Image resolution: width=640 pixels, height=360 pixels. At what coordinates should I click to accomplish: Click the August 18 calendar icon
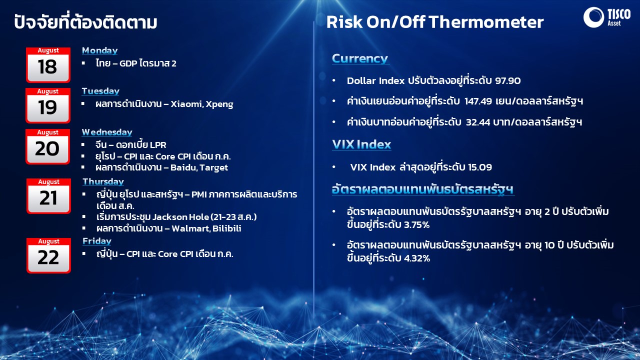coord(48,65)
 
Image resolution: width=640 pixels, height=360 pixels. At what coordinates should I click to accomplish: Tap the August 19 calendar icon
coord(48,105)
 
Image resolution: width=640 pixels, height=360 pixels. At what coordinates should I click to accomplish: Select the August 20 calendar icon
coord(47,146)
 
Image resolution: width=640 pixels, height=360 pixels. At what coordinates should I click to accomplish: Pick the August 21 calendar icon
coord(48,196)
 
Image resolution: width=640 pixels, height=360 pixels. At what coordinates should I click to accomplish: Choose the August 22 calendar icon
coord(48,255)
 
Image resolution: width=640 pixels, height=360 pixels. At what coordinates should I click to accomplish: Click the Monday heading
coord(99,50)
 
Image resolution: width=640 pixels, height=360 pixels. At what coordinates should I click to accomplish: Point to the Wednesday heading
coord(107,132)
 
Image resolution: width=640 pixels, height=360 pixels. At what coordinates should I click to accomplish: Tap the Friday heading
coord(97,241)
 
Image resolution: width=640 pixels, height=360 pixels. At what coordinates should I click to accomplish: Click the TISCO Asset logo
coord(607,17)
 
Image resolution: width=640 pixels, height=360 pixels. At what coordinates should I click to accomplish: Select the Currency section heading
coord(360,58)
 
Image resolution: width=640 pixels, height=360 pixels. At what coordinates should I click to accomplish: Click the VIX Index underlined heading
coord(361,144)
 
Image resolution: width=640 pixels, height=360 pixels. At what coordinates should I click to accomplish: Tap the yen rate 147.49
coord(478,101)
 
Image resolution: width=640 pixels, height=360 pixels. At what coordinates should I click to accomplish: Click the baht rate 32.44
coord(477,122)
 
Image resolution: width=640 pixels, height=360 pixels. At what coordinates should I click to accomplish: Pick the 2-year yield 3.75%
coord(416,225)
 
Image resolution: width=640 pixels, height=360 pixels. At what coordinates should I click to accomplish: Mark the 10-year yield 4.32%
coord(417,258)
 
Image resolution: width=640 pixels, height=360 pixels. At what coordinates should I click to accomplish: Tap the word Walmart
coord(190,228)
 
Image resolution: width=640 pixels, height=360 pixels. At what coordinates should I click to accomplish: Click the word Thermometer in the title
coord(486,22)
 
